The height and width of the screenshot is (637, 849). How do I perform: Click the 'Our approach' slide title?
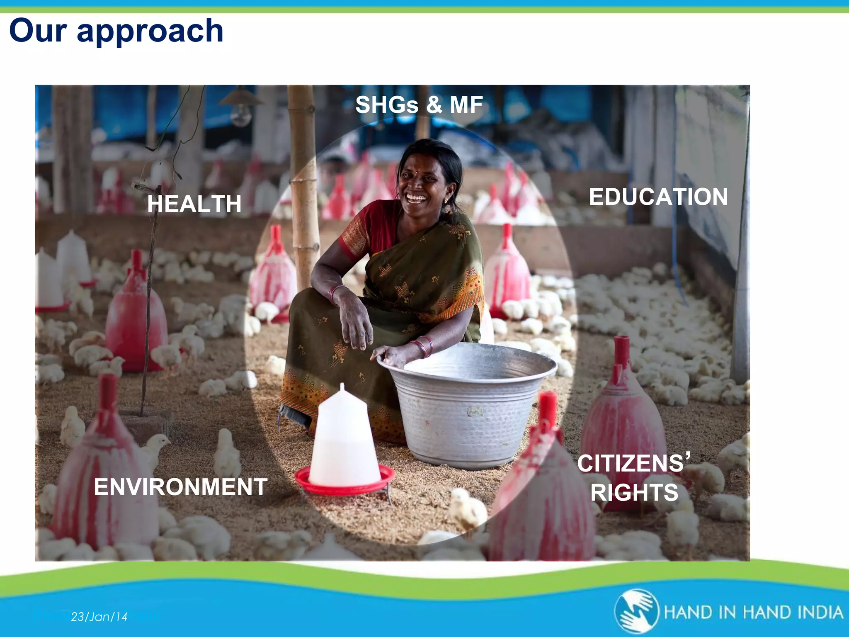coord(116,31)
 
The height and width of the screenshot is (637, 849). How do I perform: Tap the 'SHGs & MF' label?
coord(419,105)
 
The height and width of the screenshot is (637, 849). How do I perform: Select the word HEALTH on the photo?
coord(194,204)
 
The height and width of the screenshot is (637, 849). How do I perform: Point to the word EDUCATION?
coord(658,197)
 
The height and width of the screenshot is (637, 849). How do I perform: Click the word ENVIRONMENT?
coord(180,487)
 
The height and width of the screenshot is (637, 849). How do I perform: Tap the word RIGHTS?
coord(634,493)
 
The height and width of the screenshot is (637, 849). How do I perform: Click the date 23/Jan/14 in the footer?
coord(99,617)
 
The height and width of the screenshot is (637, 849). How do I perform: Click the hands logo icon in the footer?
coord(636,611)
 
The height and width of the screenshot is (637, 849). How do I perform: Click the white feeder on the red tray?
coord(343,440)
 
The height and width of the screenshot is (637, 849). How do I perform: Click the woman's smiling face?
coord(421,182)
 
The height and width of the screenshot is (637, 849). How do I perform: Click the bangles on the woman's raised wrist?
coord(335,293)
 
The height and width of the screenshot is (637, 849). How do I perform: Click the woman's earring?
coord(446,200)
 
